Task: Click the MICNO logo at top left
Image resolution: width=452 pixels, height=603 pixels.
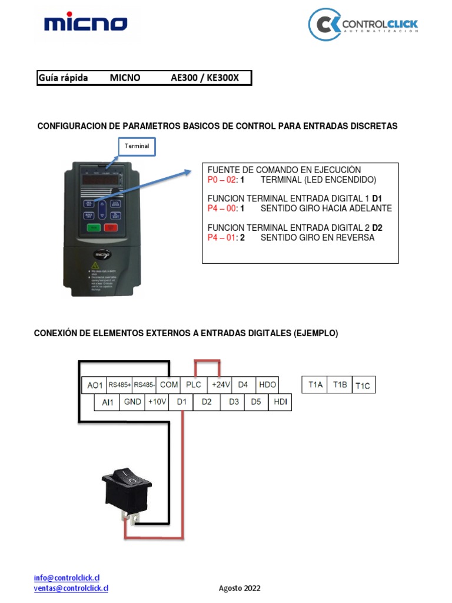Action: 85,24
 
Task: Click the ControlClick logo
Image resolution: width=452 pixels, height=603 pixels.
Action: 363,25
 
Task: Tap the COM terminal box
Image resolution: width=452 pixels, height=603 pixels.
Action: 168,385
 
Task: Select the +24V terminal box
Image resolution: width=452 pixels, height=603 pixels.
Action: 221,385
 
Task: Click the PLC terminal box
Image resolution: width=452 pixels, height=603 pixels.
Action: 194,385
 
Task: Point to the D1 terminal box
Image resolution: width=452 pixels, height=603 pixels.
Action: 181,402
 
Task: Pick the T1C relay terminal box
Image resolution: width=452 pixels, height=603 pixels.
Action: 363,386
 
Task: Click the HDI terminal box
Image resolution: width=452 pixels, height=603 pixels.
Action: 280,402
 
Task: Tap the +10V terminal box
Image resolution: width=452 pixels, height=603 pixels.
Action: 157,402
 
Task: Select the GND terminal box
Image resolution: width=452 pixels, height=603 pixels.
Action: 132,402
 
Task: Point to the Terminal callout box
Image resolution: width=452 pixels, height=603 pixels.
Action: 137,145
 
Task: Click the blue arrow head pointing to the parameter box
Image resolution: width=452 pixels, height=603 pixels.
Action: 187,172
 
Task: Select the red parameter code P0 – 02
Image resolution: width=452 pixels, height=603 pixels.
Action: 222,179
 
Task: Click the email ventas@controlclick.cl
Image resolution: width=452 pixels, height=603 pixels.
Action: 71,588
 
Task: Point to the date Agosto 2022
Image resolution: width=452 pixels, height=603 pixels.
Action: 240,588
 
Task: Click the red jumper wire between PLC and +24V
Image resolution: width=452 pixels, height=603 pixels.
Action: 207,360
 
